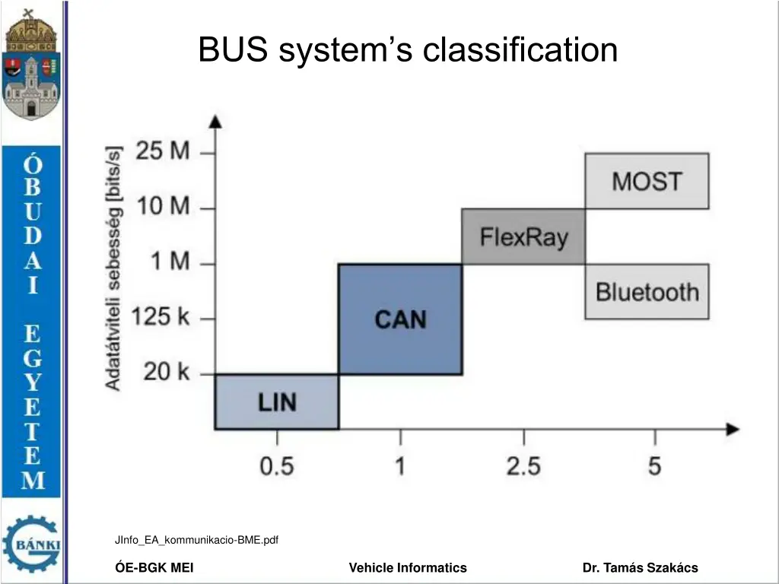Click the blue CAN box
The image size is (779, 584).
click(400, 319)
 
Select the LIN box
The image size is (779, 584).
click(277, 401)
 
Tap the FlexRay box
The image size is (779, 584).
click(523, 236)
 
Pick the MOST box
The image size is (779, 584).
click(647, 181)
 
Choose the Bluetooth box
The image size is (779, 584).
click(647, 291)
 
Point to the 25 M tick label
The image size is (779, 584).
click(164, 151)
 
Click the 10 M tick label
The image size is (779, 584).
click(164, 207)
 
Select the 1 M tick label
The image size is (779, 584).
click(170, 263)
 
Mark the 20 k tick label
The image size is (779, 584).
click(167, 373)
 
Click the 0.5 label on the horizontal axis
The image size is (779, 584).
click(277, 465)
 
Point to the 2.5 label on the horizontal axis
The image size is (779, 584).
click(523, 465)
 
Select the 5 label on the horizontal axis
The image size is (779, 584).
click(655, 465)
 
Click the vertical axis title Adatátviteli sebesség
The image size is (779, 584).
click(113, 267)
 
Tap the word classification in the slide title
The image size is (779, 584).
click(520, 51)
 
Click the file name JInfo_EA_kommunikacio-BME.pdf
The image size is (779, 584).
click(196, 540)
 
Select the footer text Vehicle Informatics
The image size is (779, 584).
click(408, 567)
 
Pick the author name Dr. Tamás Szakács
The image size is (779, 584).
click(640, 567)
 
